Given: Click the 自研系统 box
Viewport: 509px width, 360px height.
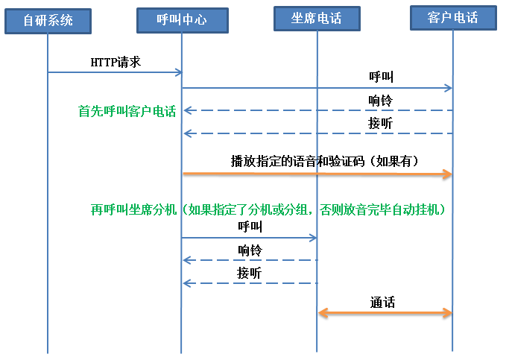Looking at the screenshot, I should tap(48, 20).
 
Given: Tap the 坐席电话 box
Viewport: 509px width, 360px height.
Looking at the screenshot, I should tap(317, 18).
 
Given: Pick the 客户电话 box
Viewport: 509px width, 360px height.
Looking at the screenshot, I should tap(453, 17).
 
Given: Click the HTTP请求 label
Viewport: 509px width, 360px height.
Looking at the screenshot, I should tap(116, 61).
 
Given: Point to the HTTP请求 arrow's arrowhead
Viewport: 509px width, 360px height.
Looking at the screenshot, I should tap(179, 72).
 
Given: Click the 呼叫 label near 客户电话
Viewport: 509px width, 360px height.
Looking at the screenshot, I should tap(381, 77).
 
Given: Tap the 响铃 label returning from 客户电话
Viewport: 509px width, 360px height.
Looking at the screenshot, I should tap(381, 100).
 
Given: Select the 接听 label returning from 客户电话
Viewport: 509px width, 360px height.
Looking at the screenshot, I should tap(381, 123).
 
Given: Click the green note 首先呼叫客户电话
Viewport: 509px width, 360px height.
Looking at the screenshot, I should tap(127, 111).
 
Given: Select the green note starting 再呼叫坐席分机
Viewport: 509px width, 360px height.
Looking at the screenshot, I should tap(268, 209).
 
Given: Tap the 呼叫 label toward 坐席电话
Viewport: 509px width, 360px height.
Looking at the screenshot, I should tap(250, 226).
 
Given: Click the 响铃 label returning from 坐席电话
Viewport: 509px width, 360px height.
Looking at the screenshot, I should tap(250, 249).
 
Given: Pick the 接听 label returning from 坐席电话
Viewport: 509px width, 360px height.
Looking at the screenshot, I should tap(250, 272).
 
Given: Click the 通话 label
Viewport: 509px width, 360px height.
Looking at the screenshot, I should tap(382, 302).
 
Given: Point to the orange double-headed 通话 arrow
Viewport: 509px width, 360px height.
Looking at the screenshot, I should tap(385, 313).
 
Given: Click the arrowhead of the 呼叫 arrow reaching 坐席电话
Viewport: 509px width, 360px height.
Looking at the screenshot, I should tap(314, 238).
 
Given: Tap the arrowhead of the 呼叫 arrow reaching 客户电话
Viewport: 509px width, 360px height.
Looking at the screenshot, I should tap(449, 88).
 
